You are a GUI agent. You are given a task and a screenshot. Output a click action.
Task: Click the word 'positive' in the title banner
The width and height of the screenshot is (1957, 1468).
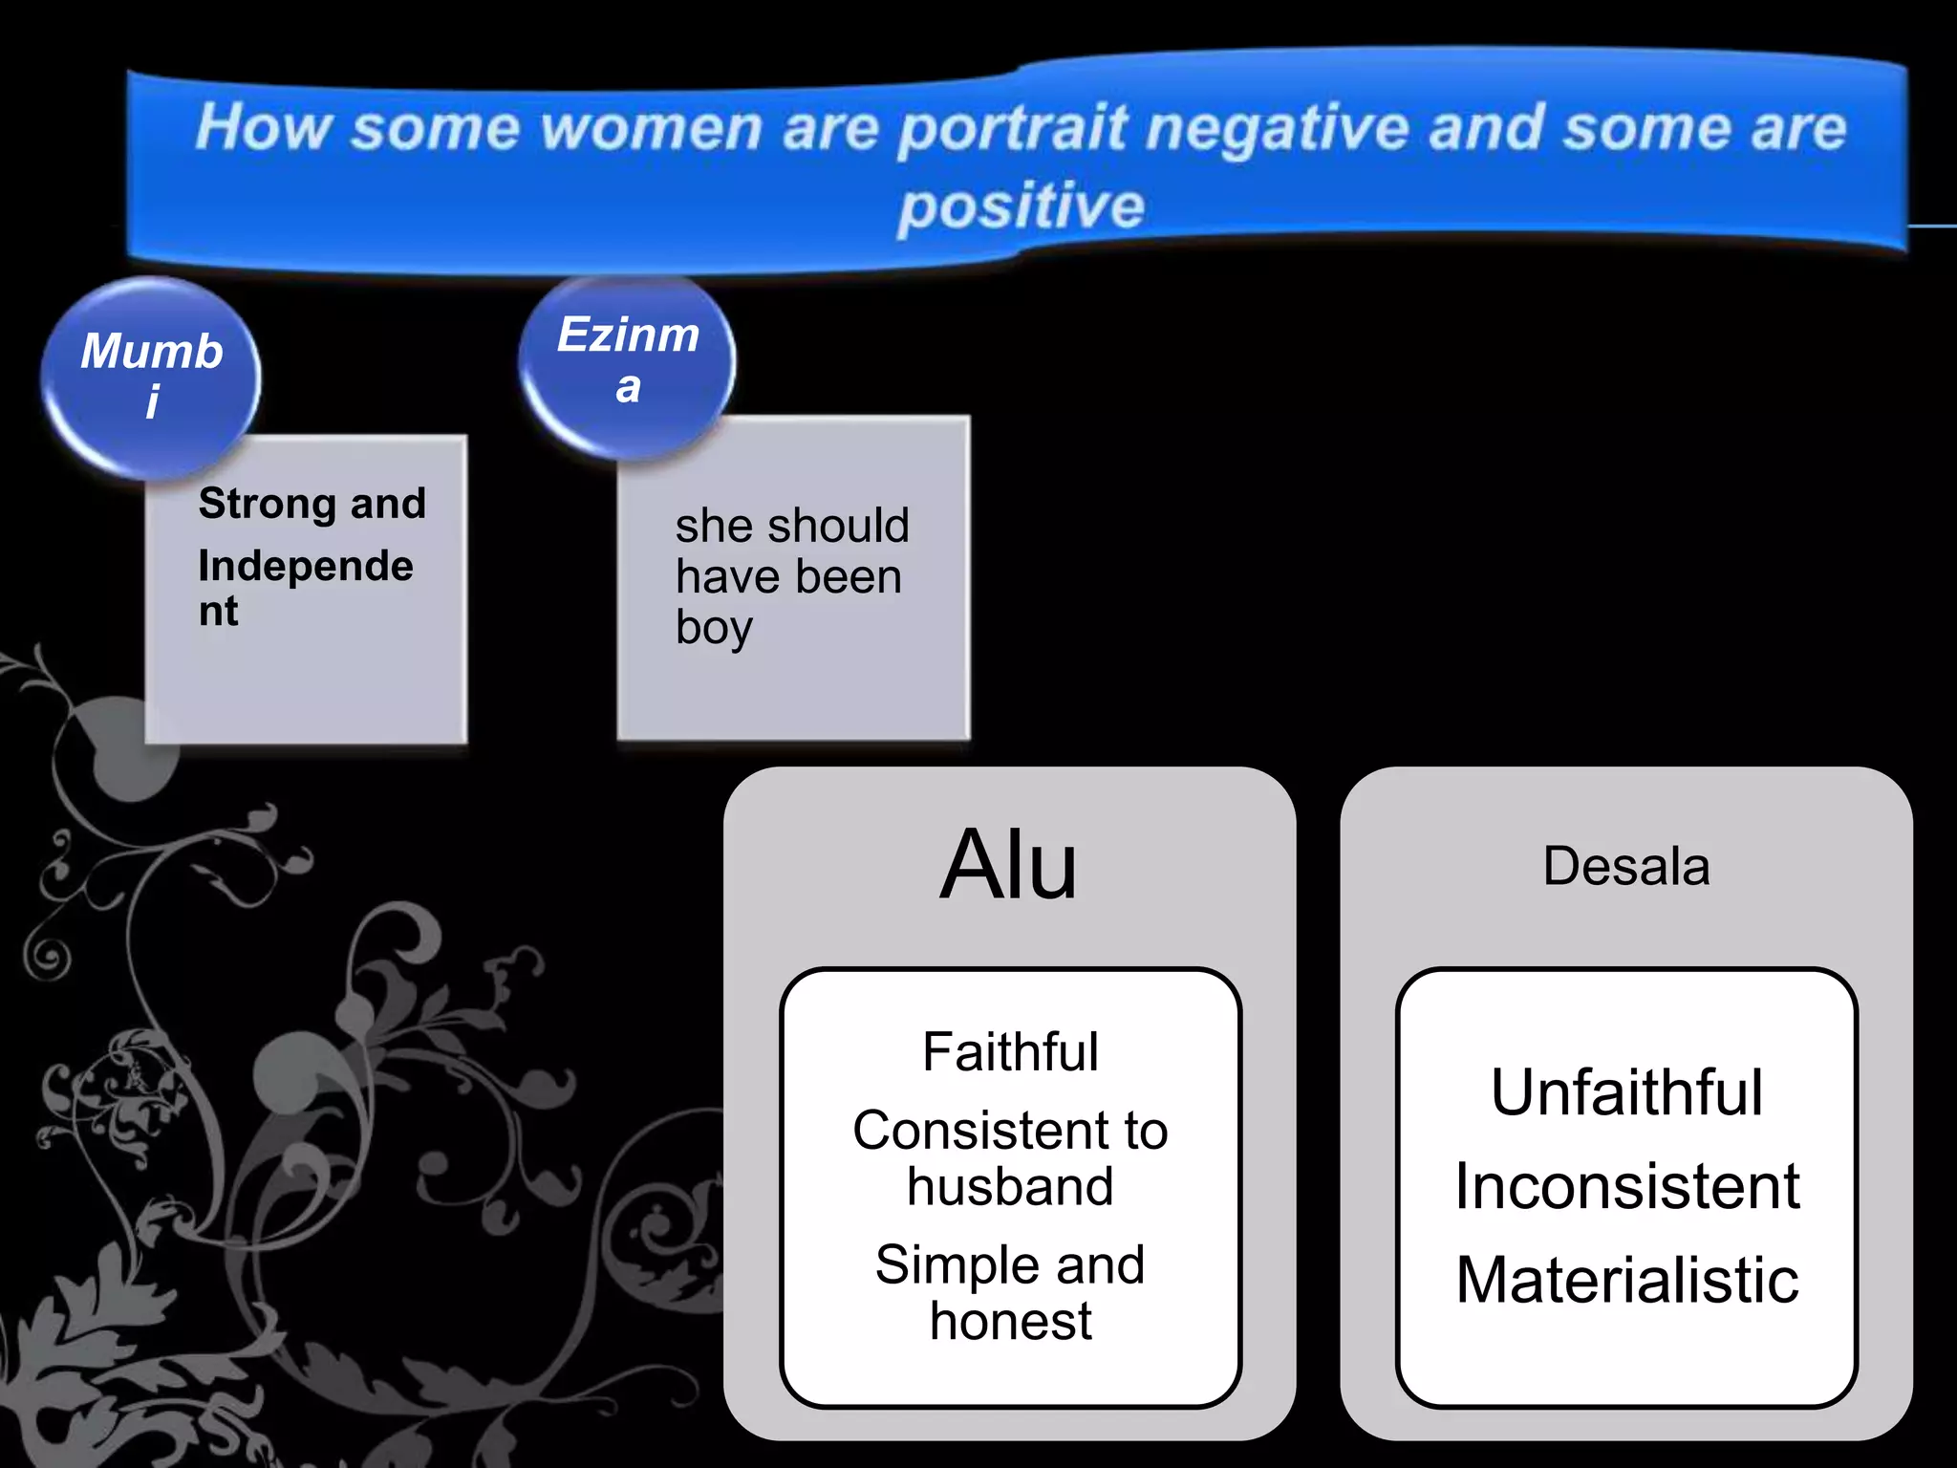point(1021,207)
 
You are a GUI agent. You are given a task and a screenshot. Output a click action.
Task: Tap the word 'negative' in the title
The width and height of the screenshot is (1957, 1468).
point(1277,128)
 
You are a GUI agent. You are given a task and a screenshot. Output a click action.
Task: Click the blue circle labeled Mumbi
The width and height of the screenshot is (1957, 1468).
point(151,377)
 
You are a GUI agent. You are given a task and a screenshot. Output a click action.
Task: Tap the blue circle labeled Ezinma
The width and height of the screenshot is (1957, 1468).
point(627,363)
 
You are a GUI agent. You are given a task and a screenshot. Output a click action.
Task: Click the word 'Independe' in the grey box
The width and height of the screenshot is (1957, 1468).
point(306,567)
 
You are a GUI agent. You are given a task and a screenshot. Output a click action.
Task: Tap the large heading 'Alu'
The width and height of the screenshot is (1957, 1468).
point(1009,865)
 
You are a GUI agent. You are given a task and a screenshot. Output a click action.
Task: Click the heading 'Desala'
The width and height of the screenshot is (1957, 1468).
point(1625,867)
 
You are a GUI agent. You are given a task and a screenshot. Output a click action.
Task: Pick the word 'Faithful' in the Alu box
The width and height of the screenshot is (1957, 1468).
point(1010,1052)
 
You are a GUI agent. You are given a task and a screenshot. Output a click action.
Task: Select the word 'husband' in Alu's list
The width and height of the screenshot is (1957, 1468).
point(1010,1187)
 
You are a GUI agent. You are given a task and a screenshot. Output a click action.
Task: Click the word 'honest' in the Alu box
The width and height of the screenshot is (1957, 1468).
point(1010,1322)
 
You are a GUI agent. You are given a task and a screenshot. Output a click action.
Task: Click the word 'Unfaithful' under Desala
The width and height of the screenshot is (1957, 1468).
point(1626,1092)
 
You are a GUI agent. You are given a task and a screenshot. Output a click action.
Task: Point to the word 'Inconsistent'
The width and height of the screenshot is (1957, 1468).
point(1626,1186)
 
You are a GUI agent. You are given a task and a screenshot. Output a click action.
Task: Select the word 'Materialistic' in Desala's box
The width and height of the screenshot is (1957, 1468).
point(1626,1280)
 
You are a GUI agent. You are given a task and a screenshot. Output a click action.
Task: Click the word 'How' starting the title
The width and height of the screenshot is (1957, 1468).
point(263,128)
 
